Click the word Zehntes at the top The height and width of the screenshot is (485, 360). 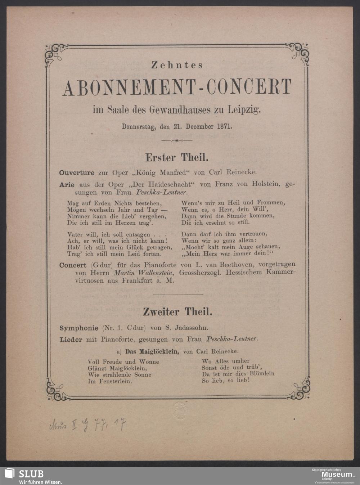coord(177,65)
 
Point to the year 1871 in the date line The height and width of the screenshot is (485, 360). coord(225,127)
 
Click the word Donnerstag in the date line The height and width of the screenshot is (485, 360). coord(138,127)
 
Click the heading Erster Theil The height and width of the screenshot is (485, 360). coord(176,157)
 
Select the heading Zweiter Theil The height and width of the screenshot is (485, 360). coord(177,311)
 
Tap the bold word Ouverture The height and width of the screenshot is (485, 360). coord(77,172)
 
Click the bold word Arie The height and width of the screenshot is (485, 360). coord(67,185)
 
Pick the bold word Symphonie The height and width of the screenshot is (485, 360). coord(79,328)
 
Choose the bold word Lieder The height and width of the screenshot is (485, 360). coord(71,339)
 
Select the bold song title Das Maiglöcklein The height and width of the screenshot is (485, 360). coord(152,351)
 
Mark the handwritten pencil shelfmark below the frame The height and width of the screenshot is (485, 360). coord(87,425)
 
